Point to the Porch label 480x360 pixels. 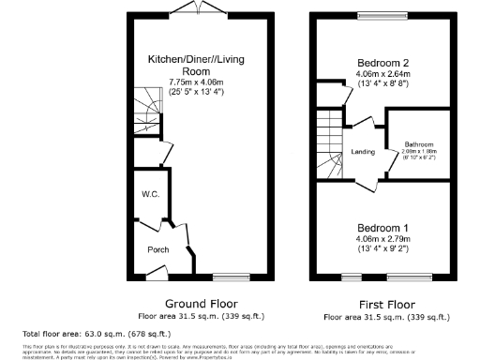pos(157,249)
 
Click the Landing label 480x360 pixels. pos(364,152)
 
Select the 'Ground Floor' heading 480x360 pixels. pos(201,304)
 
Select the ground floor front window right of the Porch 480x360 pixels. pos(226,276)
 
